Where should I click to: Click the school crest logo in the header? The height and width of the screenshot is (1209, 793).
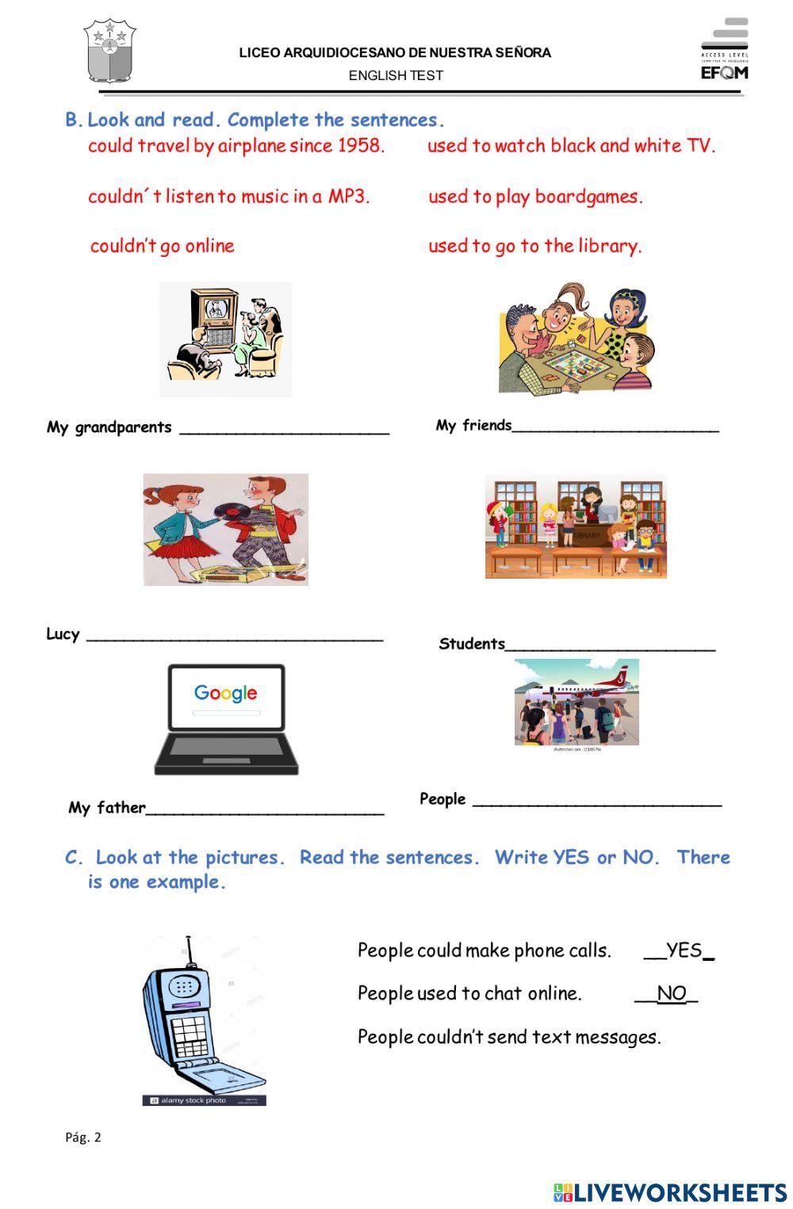pos(110,52)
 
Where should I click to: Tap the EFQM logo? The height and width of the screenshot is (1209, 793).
pos(724,50)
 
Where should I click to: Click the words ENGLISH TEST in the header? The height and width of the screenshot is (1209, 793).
pos(396,75)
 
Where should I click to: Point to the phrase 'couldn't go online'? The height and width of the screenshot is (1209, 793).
pos(162,246)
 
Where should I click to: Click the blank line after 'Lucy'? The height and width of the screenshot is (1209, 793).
pos(234,638)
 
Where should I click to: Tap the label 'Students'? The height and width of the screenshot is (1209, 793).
pos(472,644)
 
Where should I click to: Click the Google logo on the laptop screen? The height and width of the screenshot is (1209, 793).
pos(226,693)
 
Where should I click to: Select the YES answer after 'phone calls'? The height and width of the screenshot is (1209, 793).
pos(684,951)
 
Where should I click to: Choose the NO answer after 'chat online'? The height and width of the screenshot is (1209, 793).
pos(671,993)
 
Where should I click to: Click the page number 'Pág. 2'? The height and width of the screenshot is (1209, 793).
pos(83,1138)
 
